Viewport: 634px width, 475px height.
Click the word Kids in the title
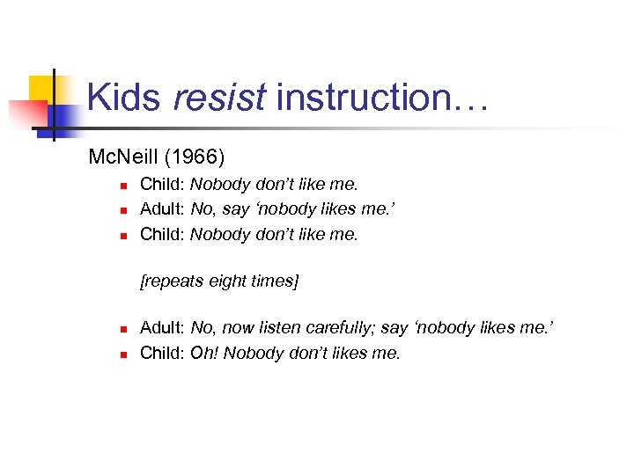click(124, 97)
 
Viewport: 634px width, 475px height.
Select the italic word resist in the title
click(218, 97)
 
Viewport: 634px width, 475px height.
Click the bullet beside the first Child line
click(125, 186)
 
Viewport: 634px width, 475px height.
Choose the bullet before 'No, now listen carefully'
click(125, 329)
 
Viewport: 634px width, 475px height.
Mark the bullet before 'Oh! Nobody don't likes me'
click(125, 354)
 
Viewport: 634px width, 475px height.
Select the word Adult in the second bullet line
click(161, 209)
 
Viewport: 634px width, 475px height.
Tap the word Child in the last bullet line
click(161, 354)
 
